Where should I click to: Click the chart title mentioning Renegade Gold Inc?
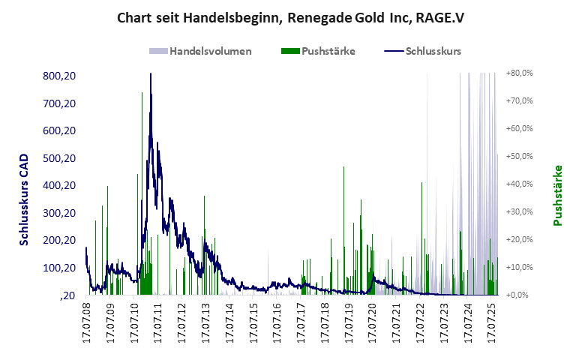[290, 17]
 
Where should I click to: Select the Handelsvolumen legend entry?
[200, 52]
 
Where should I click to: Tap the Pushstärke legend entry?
[318, 52]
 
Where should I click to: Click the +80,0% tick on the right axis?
[519, 73]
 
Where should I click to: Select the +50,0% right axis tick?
[519, 156]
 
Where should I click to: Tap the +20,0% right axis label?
[519, 239]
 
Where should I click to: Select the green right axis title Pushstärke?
[557, 195]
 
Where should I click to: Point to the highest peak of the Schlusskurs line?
[151, 74]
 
